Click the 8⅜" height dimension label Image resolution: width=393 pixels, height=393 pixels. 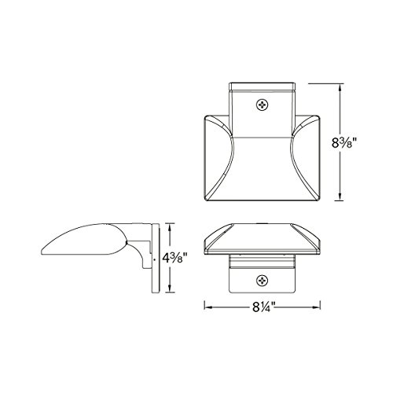(344, 143)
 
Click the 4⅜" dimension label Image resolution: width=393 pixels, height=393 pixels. (174, 258)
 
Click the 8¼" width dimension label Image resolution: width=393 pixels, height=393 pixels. (264, 307)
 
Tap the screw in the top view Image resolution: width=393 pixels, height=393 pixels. (262, 105)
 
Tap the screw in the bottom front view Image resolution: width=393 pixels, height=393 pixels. (262, 281)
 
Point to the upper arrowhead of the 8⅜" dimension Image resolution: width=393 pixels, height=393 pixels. (340, 88)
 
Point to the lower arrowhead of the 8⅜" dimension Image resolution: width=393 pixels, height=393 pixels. (340, 196)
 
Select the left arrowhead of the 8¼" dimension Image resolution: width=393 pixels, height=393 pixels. (208, 307)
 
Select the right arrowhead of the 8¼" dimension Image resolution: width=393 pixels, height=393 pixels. (317, 307)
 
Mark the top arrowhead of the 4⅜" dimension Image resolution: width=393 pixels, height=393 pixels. (171, 227)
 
